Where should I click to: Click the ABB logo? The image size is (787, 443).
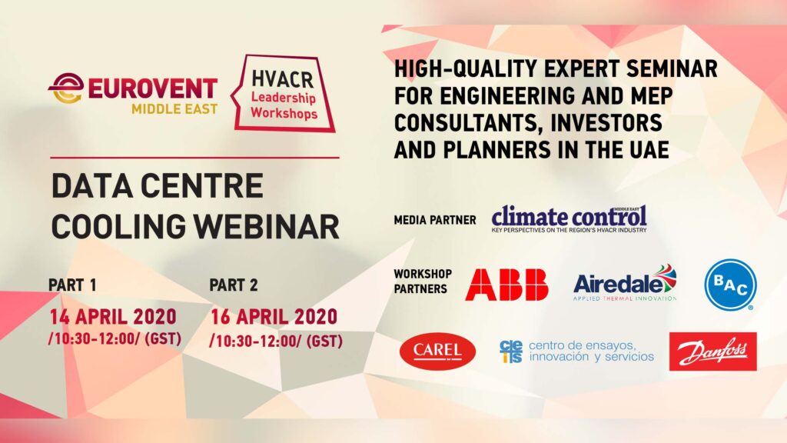(x=506, y=285)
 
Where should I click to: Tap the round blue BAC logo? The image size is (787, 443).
(x=730, y=285)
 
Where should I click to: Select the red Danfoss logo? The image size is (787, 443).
(x=712, y=351)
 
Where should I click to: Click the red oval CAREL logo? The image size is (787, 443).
(x=437, y=351)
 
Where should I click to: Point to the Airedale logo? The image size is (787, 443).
(x=625, y=283)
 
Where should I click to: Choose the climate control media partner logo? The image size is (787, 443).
(x=569, y=218)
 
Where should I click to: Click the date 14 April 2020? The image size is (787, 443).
(x=113, y=317)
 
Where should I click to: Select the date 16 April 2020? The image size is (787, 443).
(x=274, y=317)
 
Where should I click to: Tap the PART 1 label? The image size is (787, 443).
(x=72, y=285)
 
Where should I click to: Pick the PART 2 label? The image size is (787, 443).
(x=234, y=285)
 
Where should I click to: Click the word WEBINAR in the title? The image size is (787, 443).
(x=267, y=227)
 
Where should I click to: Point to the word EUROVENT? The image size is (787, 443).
(x=153, y=89)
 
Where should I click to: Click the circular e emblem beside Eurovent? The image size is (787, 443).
(x=67, y=88)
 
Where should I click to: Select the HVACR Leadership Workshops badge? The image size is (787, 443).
(x=284, y=93)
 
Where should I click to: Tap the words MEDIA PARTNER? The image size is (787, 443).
(x=435, y=220)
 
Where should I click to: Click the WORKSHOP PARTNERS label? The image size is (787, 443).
(x=423, y=281)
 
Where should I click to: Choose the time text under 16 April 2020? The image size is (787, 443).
(x=276, y=341)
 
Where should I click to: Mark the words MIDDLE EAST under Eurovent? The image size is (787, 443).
(x=174, y=109)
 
